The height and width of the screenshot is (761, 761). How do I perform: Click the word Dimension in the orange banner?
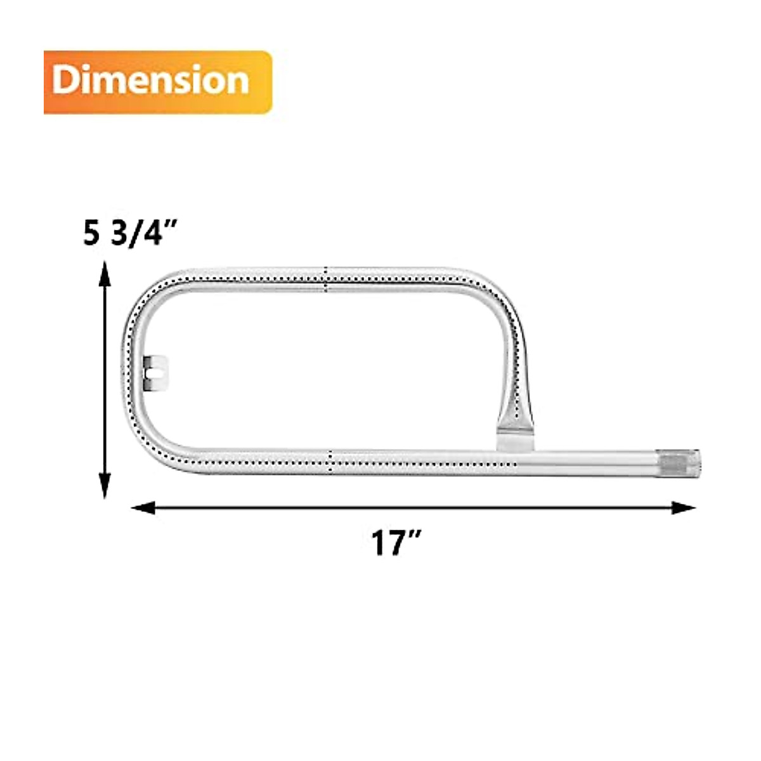150,81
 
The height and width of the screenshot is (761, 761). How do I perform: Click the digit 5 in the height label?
91,234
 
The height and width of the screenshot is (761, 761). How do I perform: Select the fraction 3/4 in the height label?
137,234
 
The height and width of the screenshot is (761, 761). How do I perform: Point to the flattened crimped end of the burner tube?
514,434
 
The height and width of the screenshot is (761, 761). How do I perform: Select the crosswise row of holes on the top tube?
326,280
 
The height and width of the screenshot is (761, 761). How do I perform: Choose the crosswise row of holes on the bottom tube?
331,464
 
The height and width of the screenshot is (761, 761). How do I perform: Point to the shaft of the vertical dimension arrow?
105,380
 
